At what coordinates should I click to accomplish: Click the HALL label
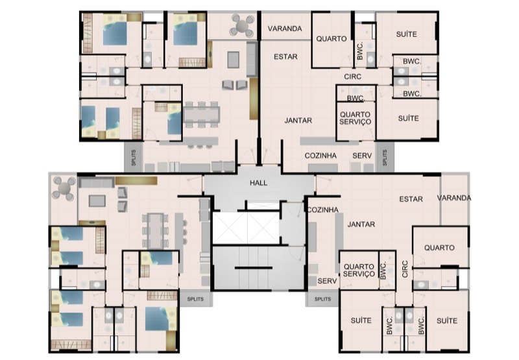pos(258,183)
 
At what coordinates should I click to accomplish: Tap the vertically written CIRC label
pos(405,269)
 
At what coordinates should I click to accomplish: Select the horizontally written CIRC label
pos(352,77)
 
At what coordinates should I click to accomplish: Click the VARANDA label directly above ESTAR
pos(285,29)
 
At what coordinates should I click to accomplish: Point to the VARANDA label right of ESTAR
pos(453,198)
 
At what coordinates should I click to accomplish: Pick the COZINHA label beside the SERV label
pos(320,156)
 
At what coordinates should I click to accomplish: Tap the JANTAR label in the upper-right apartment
pos(298,121)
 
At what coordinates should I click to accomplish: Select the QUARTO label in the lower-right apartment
pos(439,248)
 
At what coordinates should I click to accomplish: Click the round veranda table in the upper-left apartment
pos(242,25)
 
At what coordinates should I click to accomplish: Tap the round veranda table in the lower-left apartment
pos(64,189)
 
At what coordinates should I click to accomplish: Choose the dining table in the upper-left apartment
pos(202,114)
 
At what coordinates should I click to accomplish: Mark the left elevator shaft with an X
pos(230,228)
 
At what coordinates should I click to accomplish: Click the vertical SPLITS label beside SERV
pos(385,157)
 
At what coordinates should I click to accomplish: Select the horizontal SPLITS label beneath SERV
pos(322,299)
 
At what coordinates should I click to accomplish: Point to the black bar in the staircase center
pos(254,268)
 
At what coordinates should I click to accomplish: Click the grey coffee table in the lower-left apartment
pos(97,200)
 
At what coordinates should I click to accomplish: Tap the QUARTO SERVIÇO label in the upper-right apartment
pos(355,118)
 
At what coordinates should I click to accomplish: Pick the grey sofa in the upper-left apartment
pos(252,59)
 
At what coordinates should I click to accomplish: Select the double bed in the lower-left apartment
pos(160,318)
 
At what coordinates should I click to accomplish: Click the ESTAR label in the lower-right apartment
pos(411,199)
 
